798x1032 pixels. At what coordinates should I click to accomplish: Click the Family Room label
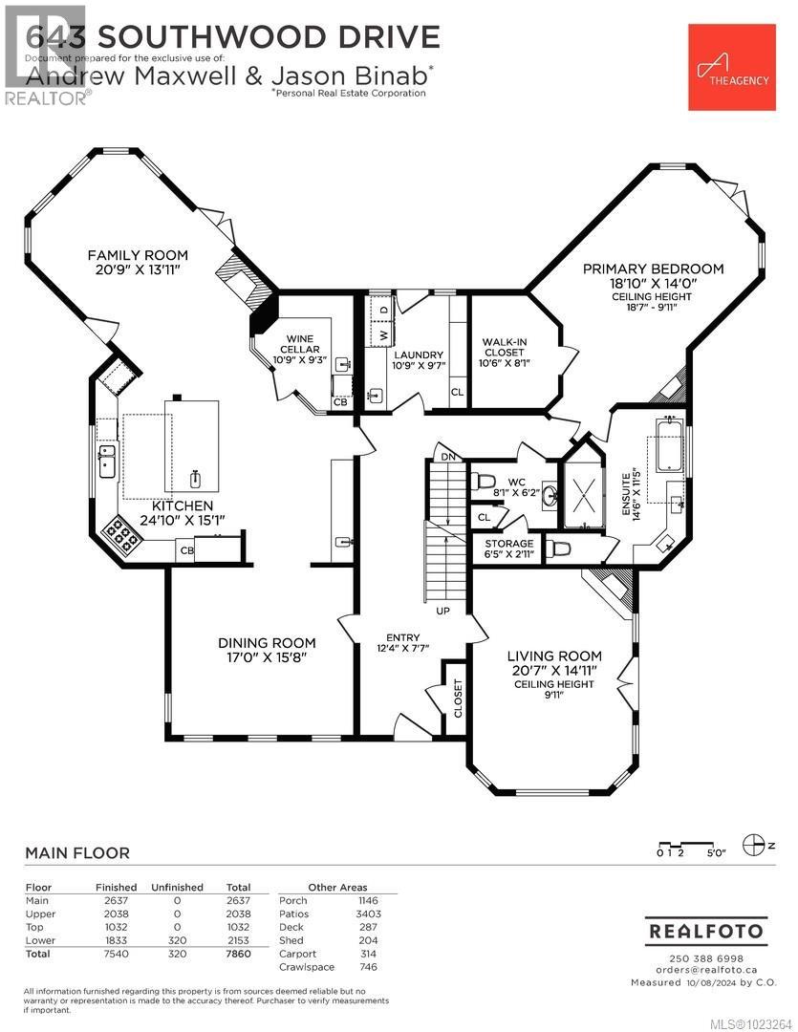pos(138,255)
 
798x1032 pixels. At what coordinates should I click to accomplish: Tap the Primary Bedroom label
pos(653,269)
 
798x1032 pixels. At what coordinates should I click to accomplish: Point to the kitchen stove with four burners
pos(121,537)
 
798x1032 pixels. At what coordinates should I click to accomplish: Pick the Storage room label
pos(508,544)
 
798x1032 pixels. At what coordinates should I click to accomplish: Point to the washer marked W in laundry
pos(383,335)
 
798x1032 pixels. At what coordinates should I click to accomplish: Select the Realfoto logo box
pos(706,930)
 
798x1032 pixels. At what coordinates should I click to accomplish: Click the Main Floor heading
pos(76,852)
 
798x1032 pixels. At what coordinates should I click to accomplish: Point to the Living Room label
pos(554,656)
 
